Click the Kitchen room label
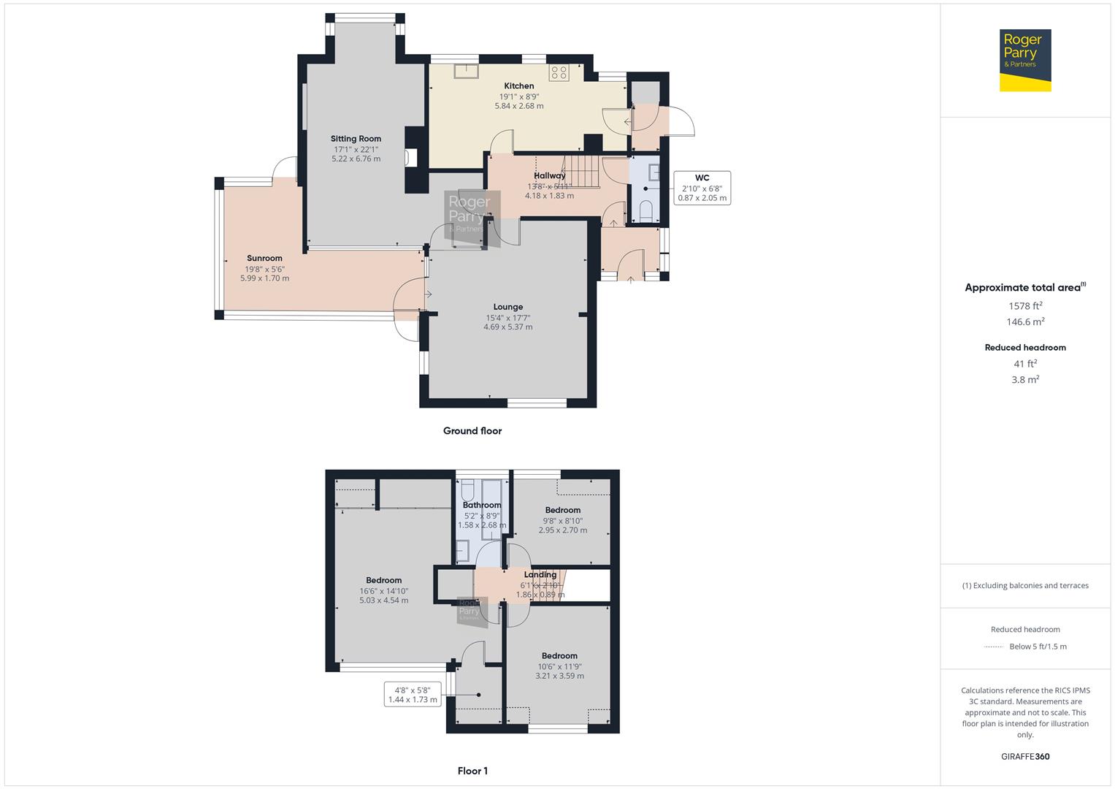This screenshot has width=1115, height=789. pyautogui.click(x=518, y=86)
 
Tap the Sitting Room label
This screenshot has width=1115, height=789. pyautogui.click(x=356, y=139)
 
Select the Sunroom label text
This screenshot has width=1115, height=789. pyautogui.click(x=264, y=259)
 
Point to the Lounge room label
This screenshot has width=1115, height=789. pyautogui.click(x=507, y=308)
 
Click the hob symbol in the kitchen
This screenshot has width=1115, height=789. pyautogui.click(x=559, y=72)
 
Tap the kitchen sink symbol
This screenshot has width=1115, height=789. pyautogui.click(x=465, y=71)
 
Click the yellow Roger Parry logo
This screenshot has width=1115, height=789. pyautogui.click(x=1025, y=61)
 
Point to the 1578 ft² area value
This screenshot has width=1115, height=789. pyautogui.click(x=1025, y=306)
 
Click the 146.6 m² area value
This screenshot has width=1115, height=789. pyautogui.click(x=1025, y=322)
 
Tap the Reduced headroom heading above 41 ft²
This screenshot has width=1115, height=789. pyautogui.click(x=1025, y=348)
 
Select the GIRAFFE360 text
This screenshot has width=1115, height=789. pyautogui.click(x=1025, y=757)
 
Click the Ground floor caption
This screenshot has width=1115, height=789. pyautogui.click(x=472, y=431)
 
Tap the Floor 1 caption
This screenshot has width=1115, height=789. pyautogui.click(x=472, y=771)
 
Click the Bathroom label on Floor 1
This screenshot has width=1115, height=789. pyautogui.click(x=481, y=506)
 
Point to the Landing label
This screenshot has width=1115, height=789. pyautogui.click(x=540, y=575)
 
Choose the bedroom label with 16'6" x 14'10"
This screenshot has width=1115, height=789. pyautogui.click(x=383, y=581)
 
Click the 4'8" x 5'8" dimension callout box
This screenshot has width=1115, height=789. pyautogui.click(x=413, y=695)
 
